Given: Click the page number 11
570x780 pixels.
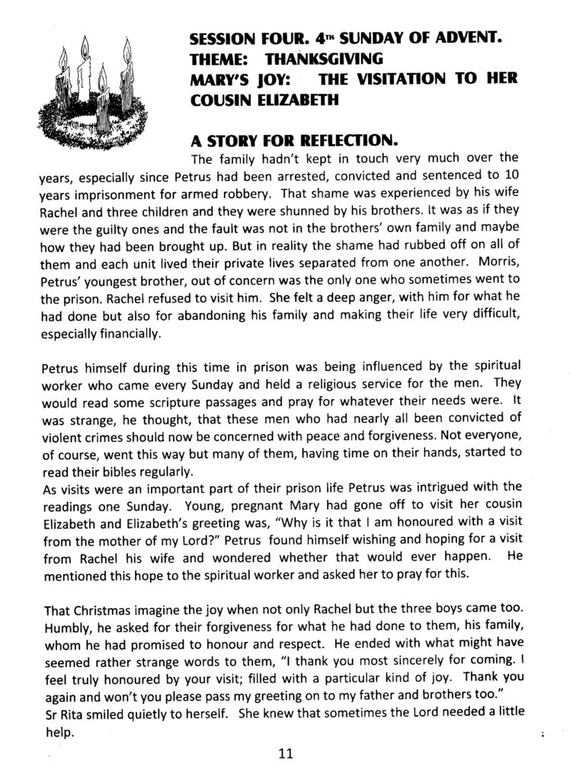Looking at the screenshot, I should pyautogui.click(x=285, y=754).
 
